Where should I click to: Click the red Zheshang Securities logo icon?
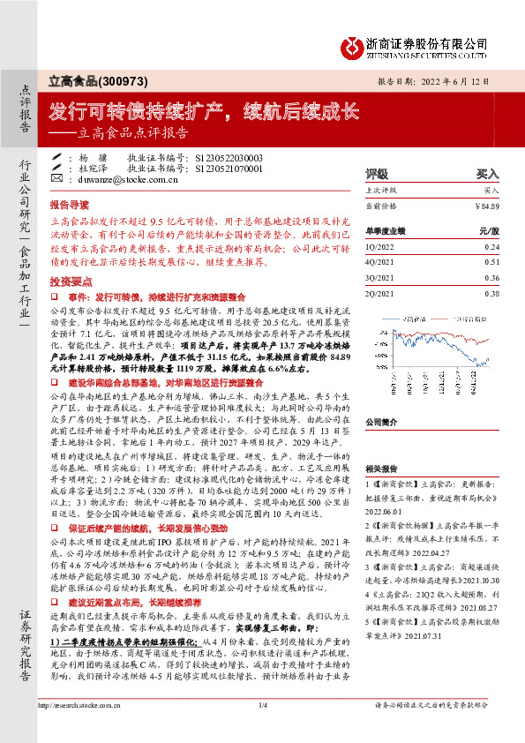click(x=352, y=45)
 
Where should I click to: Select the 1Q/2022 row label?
click(x=380, y=248)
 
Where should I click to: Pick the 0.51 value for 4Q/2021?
click(x=491, y=262)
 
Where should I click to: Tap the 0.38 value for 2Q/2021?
click(x=491, y=293)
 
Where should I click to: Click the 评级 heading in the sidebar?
click(x=377, y=175)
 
